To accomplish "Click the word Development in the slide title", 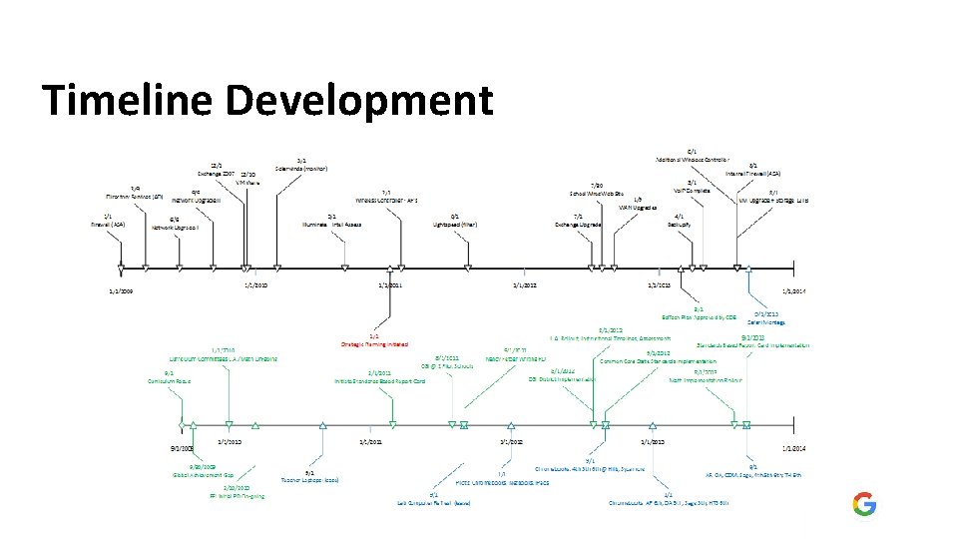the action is (x=359, y=102).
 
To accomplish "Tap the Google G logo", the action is (x=864, y=504).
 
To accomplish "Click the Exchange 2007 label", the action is (x=216, y=173).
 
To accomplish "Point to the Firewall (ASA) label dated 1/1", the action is (x=107, y=224).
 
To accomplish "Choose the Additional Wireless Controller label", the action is (x=693, y=160).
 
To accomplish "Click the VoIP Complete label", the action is (x=692, y=190).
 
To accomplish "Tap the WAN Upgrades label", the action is (x=638, y=207).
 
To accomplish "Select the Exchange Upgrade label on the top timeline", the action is (x=579, y=225).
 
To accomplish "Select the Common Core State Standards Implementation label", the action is (x=658, y=360).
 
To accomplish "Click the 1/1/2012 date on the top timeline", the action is (x=525, y=285).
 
